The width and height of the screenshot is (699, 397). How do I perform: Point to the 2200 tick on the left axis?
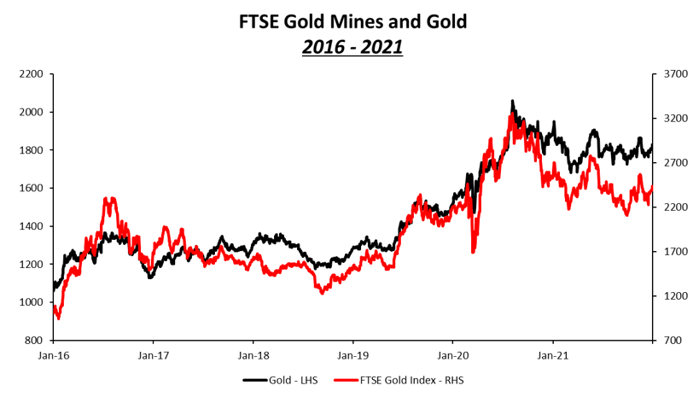(30, 74)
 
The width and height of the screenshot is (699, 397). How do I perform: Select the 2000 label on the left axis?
(30, 112)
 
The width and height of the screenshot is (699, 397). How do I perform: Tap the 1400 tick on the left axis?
(30, 226)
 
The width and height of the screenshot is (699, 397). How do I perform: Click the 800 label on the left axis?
(32, 341)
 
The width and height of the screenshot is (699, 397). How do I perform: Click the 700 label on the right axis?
(673, 341)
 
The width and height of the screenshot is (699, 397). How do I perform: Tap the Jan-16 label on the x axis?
(53, 353)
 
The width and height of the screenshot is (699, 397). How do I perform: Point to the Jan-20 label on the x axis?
(453, 353)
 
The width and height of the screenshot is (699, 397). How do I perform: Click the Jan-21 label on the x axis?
(553, 353)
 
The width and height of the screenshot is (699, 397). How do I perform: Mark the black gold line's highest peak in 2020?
(512, 101)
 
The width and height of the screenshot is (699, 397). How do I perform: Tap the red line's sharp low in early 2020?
(472, 252)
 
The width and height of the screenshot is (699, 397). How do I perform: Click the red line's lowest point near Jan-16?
(58, 318)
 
